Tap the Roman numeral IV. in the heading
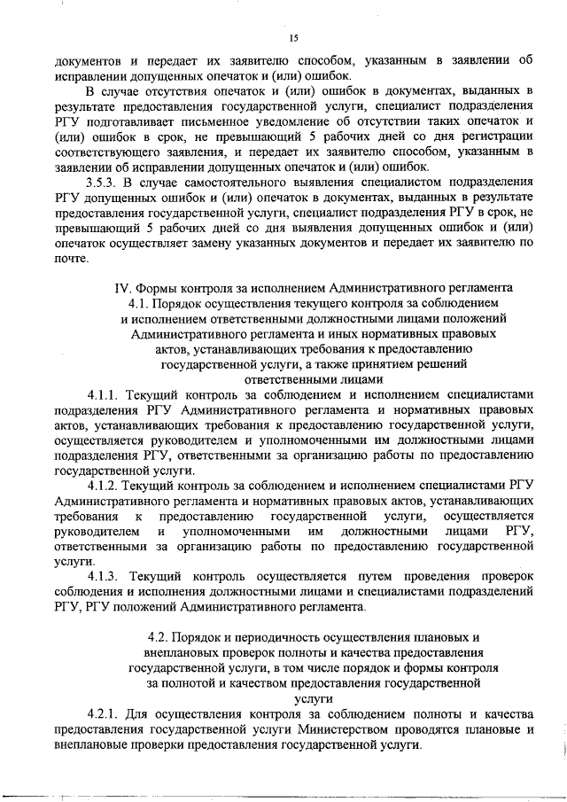(124, 287)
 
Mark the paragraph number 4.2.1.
(103, 714)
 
